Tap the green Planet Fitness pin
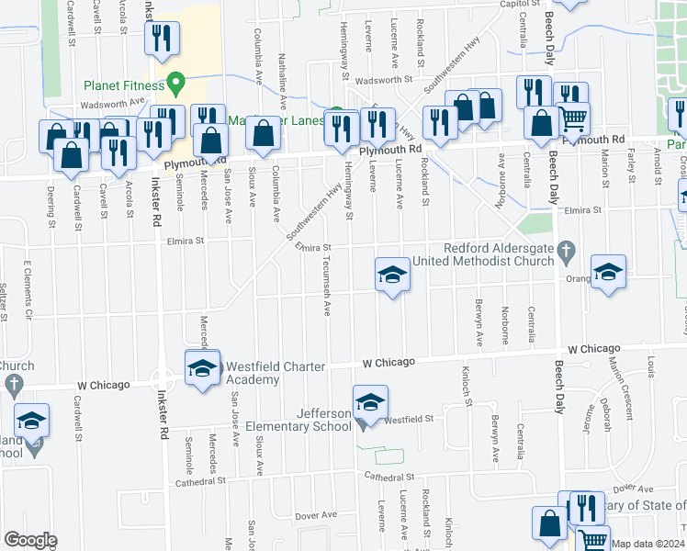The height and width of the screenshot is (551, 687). [175, 85]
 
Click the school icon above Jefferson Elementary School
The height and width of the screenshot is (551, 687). [370, 402]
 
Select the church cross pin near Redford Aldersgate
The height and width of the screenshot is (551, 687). [567, 248]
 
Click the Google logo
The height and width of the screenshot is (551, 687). [30, 539]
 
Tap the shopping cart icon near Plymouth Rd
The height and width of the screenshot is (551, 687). [574, 118]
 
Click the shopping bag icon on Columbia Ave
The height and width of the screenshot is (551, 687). [264, 132]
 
